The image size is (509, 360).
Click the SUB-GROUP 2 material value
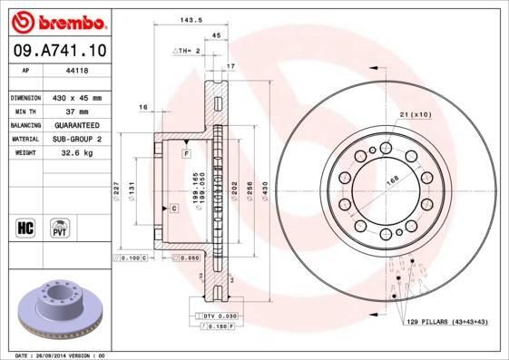(x=73, y=139)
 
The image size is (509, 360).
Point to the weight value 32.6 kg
(x=73, y=153)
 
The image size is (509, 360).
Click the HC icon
(x=25, y=227)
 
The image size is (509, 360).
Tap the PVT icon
(x=58, y=227)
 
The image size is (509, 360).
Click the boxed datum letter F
(x=186, y=155)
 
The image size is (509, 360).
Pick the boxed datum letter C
(x=173, y=209)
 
